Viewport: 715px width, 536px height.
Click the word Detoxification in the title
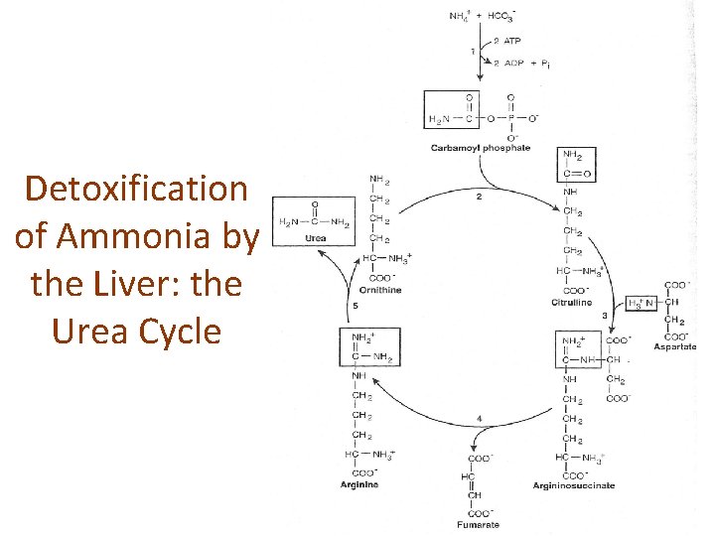137,189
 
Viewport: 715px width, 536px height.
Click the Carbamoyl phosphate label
481,149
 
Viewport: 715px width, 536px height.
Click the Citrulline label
571,302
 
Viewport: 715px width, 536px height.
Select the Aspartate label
675,346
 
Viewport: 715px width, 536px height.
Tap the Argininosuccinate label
574,485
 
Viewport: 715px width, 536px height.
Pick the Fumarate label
479,524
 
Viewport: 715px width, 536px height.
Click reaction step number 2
480,198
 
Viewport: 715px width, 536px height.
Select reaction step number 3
604,316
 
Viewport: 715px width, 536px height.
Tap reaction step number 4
480,419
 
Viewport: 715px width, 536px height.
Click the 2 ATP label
509,41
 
